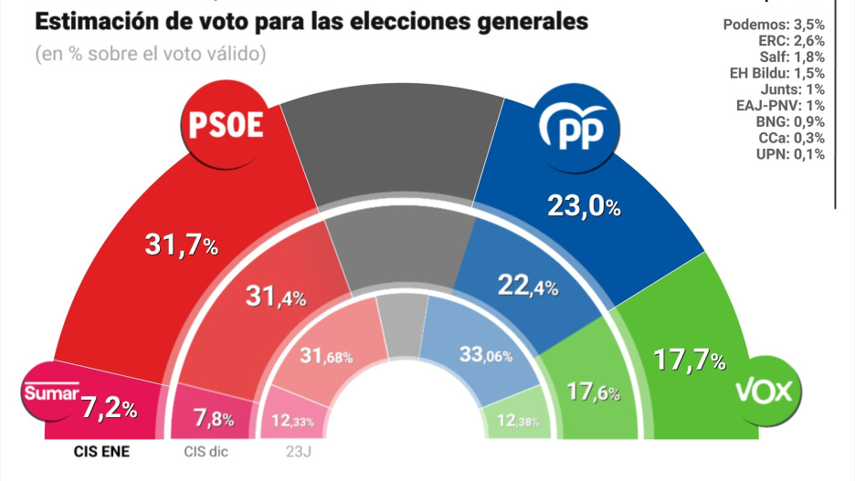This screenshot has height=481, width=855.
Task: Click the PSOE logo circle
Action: [226, 126]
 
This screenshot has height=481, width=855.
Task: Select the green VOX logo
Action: [768, 393]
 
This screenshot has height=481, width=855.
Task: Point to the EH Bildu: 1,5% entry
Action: [776, 72]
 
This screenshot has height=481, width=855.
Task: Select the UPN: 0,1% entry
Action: [791, 153]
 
